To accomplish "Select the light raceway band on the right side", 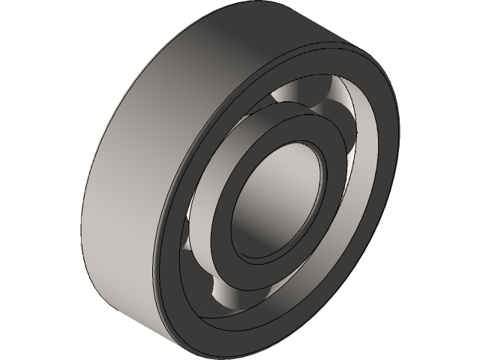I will click(x=352, y=195).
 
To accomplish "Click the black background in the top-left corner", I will click(x=22, y=22).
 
